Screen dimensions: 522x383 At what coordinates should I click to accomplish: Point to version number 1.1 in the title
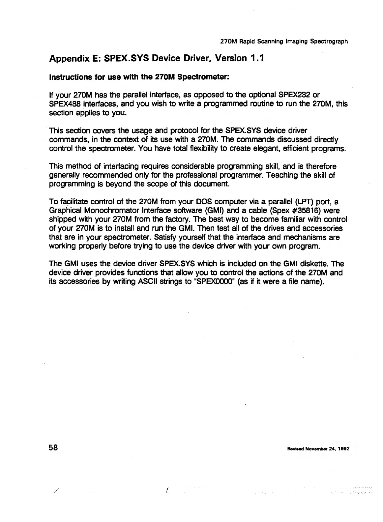tap(256, 59)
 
